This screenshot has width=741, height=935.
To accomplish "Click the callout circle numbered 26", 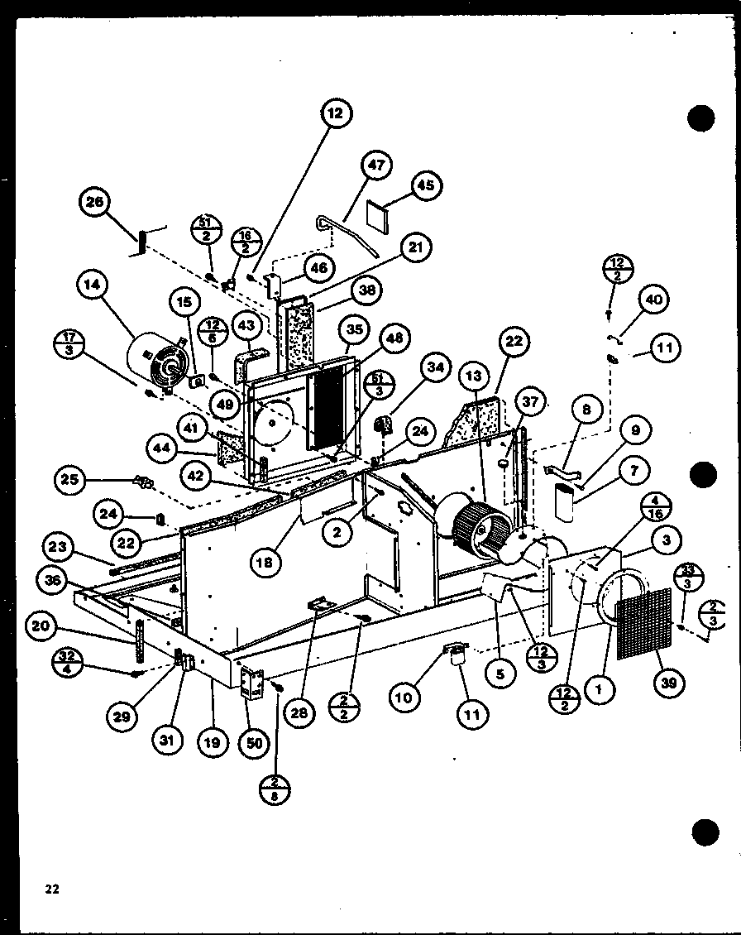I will tap(97, 204).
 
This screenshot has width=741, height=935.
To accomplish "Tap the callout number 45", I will tap(426, 186).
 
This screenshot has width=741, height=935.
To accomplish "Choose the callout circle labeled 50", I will tap(254, 742).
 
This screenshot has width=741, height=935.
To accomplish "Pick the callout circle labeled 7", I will tap(634, 470).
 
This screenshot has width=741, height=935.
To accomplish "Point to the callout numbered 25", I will tap(71, 479).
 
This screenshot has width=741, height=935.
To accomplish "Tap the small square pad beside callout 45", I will tap(380, 215).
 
